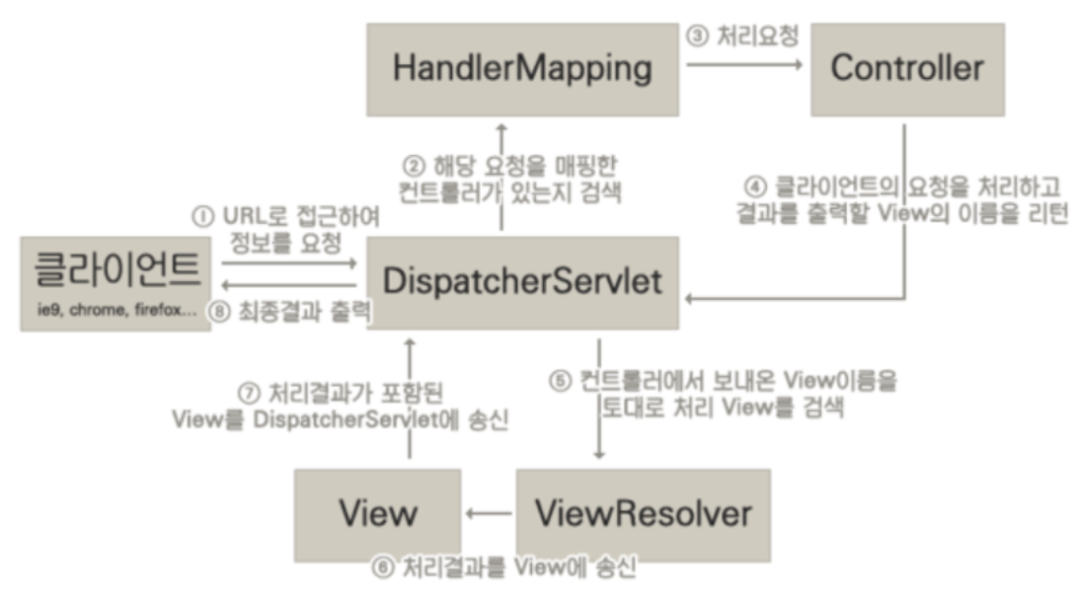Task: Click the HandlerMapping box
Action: click(x=522, y=69)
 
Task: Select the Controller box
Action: click(x=907, y=69)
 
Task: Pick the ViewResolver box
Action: click(x=643, y=514)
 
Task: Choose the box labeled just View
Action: click(x=378, y=514)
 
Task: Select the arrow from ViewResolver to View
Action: click(x=490, y=513)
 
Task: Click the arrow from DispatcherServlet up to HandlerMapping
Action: click(x=501, y=178)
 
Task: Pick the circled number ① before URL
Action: click(x=203, y=214)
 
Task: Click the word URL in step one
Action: click(x=240, y=214)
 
